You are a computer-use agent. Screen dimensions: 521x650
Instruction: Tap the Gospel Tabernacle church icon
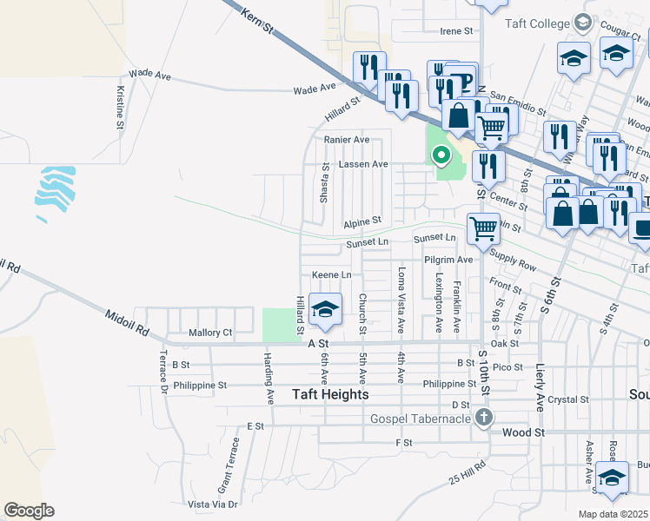click(485, 419)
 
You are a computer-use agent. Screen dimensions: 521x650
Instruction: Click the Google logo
click(29, 511)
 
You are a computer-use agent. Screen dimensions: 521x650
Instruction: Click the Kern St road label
click(258, 18)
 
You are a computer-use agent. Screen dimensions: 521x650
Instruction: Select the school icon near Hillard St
click(325, 310)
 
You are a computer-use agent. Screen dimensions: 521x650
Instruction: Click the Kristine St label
click(120, 108)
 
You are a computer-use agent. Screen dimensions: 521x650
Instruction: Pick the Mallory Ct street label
click(210, 333)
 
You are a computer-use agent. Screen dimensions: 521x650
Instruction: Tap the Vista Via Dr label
click(213, 504)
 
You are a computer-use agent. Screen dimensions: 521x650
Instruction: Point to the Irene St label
click(456, 31)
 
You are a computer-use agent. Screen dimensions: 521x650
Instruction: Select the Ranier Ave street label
click(347, 139)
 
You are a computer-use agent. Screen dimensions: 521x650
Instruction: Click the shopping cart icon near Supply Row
click(483, 230)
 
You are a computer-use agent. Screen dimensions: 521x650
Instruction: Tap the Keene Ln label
click(331, 274)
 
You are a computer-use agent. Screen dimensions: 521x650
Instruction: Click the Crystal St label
click(574, 399)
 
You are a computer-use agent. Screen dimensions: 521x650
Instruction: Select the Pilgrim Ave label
click(448, 259)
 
